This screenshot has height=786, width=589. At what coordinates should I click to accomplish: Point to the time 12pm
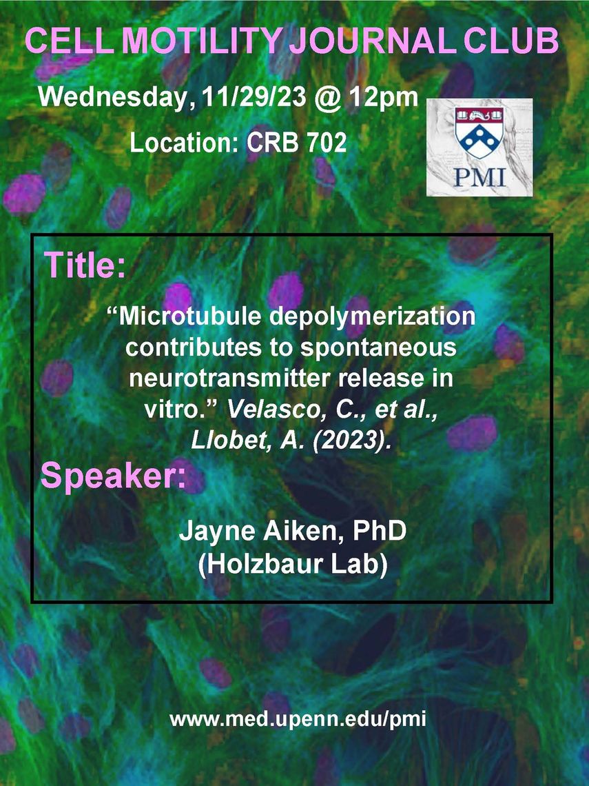tap(383, 98)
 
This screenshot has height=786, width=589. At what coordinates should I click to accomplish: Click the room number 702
tap(326, 143)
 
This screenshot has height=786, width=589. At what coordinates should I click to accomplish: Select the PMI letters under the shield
tap(479, 177)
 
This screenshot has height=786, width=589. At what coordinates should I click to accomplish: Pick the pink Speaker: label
tap(113, 476)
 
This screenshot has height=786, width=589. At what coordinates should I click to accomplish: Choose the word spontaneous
tap(378, 349)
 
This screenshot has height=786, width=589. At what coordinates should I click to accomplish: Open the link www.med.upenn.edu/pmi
tap(298, 720)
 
